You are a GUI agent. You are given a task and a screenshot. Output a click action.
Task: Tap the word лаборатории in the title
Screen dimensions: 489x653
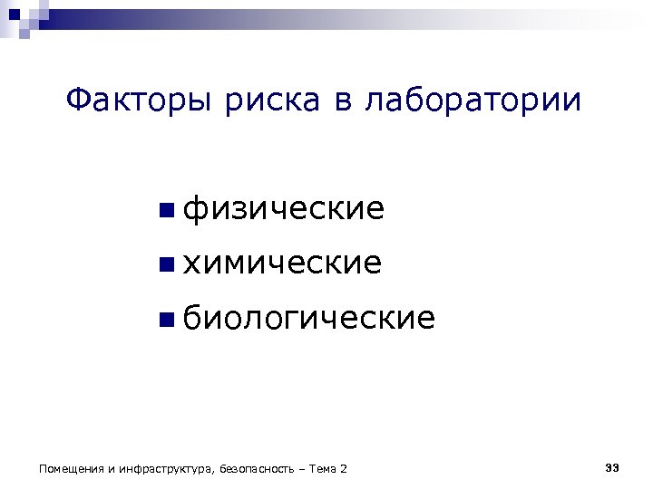click(473, 102)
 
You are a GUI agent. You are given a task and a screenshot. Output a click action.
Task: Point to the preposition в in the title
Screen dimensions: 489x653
click(342, 102)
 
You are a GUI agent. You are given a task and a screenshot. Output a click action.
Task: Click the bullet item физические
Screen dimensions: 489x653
click(284, 210)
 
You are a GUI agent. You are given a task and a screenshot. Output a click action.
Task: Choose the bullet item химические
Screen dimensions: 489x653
click(282, 264)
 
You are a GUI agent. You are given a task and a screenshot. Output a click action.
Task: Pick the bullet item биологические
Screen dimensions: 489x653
click(309, 318)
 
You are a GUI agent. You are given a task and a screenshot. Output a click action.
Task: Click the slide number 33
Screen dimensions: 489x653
click(611, 467)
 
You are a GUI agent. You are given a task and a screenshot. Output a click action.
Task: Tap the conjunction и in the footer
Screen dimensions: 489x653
click(111, 469)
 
